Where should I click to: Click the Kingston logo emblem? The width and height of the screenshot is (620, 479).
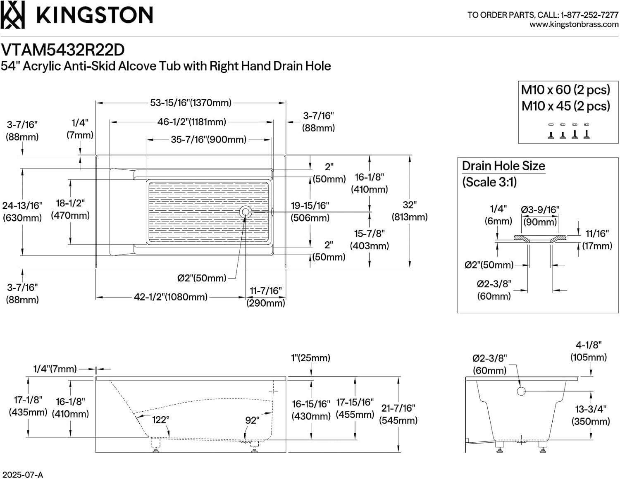click(13, 15)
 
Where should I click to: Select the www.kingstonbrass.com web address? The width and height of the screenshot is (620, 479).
click(574, 24)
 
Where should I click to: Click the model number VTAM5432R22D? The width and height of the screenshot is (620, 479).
click(63, 50)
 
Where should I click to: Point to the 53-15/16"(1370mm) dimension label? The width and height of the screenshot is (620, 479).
click(191, 102)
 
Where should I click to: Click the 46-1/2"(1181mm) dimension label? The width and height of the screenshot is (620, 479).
click(192, 122)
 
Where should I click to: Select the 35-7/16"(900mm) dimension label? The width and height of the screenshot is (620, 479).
click(209, 140)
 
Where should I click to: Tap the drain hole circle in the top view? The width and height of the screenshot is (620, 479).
click(246, 212)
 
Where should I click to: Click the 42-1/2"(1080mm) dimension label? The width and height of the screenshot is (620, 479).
click(170, 297)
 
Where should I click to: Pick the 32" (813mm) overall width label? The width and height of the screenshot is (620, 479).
click(409, 211)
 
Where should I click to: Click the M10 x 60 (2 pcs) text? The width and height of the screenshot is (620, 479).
click(565, 90)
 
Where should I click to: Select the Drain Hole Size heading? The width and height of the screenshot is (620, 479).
click(503, 166)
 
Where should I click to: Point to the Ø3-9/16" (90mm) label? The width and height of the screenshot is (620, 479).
click(540, 216)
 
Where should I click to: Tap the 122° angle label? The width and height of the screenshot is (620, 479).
click(160, 420)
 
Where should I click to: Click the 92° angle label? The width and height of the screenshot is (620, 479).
click(252, 420)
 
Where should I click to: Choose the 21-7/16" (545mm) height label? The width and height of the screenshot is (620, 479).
click(398, 414)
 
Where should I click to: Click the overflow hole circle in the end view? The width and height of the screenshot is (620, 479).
click(521, 391)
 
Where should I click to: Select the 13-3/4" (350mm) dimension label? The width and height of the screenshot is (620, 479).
click(591, 415)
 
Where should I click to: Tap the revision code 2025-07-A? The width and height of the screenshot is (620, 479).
click(22, 474)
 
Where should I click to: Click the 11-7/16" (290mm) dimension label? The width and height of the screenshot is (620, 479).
click(266, 297)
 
